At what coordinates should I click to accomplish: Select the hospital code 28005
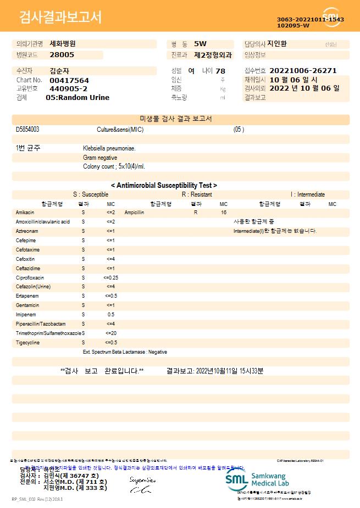(62, 54)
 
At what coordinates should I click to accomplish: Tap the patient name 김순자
(58, 71)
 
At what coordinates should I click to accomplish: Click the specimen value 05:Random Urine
(77, 97)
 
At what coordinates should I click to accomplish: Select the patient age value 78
(220, 71)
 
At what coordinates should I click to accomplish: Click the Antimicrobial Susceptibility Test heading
(164, 186)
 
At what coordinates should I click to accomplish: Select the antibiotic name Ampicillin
(134, 212)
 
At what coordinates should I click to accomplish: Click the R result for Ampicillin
(196, 212)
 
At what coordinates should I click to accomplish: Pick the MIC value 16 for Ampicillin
(224, 212)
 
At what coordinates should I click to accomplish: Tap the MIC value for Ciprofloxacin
(110, 278)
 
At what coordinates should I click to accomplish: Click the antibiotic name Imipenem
(26, 315)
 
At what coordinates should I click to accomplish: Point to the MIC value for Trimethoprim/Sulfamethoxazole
(110, 333)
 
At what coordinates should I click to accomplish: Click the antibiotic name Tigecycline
(27, 343)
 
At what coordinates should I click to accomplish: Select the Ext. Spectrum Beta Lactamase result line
(125, 351)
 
